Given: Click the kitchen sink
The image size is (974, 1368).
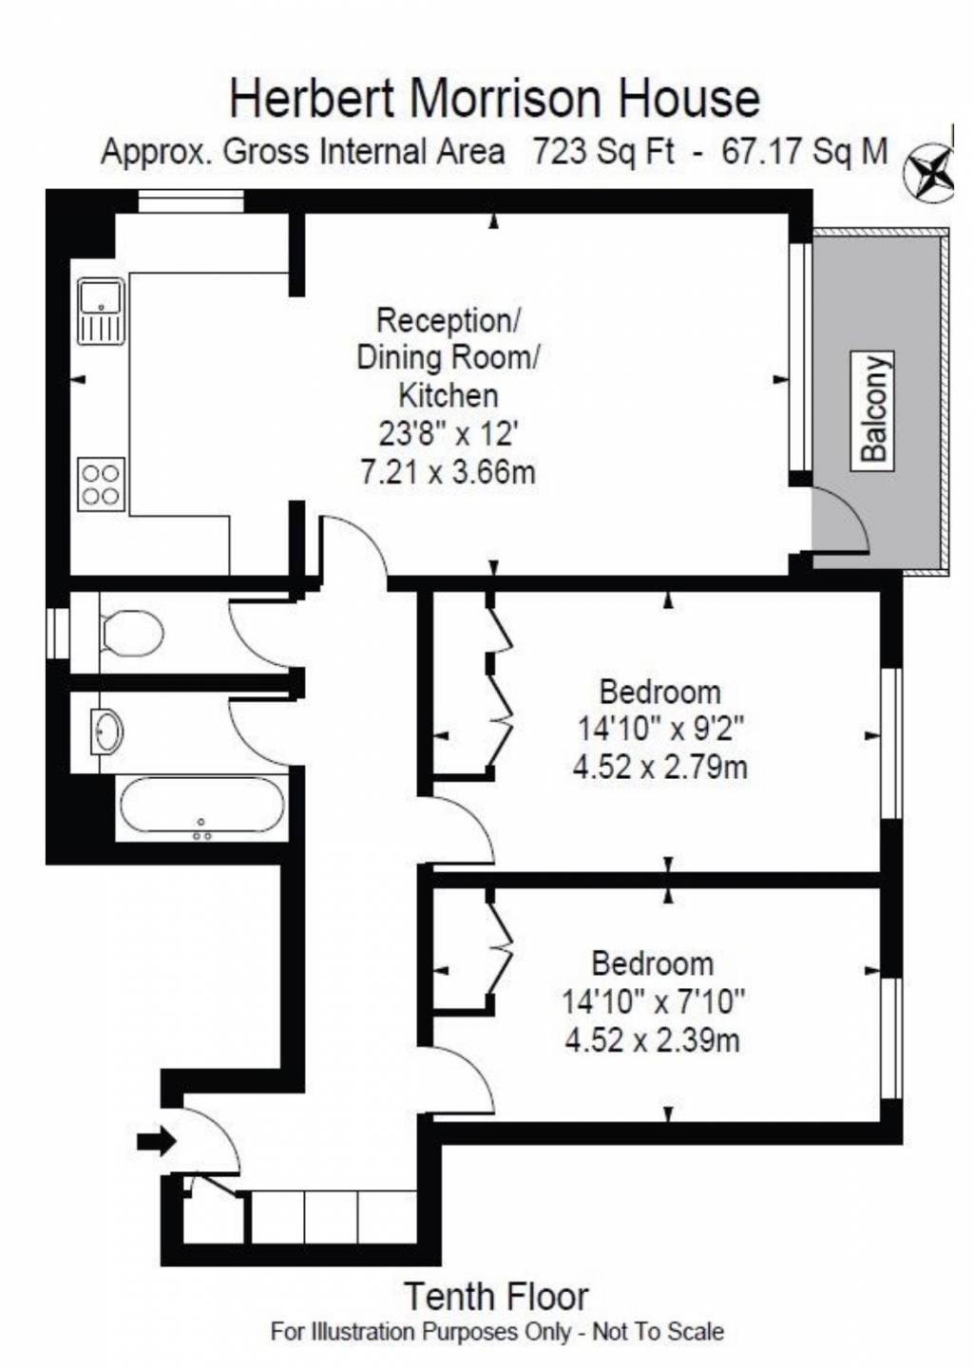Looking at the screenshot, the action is [101, 312].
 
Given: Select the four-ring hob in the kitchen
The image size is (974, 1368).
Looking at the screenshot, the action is [102, 484].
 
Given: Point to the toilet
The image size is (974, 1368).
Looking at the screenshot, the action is [131, 632].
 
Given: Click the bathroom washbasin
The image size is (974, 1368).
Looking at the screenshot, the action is [107, 731].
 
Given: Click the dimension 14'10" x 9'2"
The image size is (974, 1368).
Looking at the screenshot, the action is [661, 729].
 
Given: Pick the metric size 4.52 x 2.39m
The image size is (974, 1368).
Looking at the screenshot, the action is [653, 1040].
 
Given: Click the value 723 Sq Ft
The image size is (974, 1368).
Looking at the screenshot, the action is [603, 150].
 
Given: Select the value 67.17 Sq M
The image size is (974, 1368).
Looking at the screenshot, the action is [805, 150].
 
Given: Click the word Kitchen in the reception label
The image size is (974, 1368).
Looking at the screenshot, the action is [449, 396].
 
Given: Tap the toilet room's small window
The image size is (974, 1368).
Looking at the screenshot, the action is [59, 633].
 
